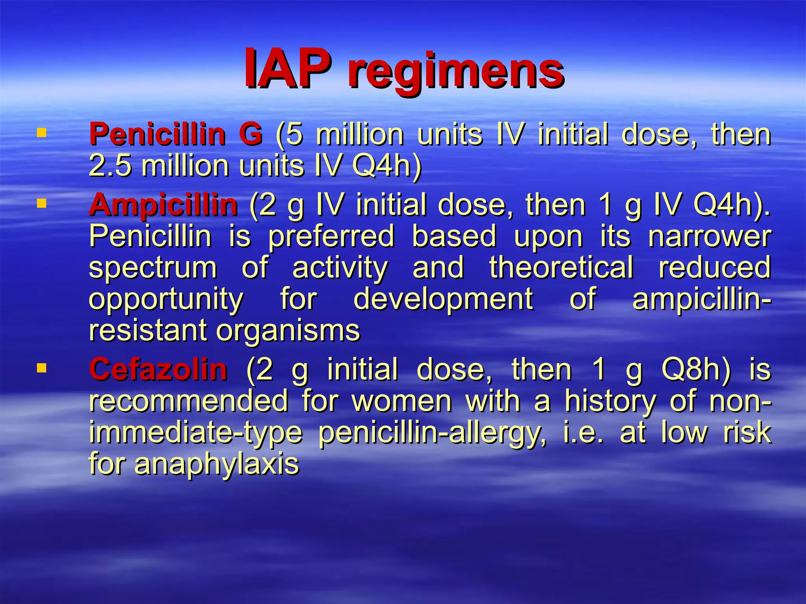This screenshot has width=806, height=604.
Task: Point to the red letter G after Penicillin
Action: click(250, 134)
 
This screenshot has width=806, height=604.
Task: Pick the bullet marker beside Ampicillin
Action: click(41, 203)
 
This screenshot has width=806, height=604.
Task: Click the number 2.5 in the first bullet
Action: click(110, 166)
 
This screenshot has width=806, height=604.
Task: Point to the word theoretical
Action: click(561, 267)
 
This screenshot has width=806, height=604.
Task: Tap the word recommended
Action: click(189, 401)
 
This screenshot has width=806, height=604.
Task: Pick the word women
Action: click(401, 401)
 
